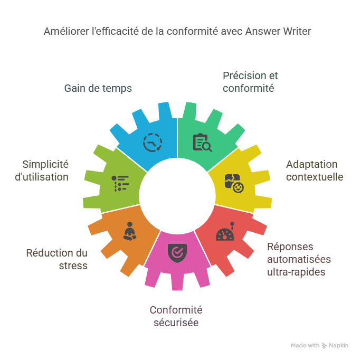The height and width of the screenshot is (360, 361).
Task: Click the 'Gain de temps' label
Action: click(98, 88)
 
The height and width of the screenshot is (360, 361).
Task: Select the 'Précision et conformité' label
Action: click(250, 82)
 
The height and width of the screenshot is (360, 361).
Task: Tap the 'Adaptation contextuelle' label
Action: click(315, 170)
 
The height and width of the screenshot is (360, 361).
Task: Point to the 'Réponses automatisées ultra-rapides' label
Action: click(299, 259)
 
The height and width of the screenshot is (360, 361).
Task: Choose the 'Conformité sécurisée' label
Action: click(176, 316)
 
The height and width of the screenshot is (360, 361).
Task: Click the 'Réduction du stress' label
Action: click(57, 259)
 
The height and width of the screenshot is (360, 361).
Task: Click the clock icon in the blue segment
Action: click(153, 143)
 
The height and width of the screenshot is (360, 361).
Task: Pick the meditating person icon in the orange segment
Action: click(129, 232)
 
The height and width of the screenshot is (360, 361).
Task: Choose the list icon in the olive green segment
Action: click(120, 183)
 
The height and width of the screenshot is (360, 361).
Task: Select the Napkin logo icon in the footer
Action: click(324, 346)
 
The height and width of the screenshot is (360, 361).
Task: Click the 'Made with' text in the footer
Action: click(305, 346)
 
